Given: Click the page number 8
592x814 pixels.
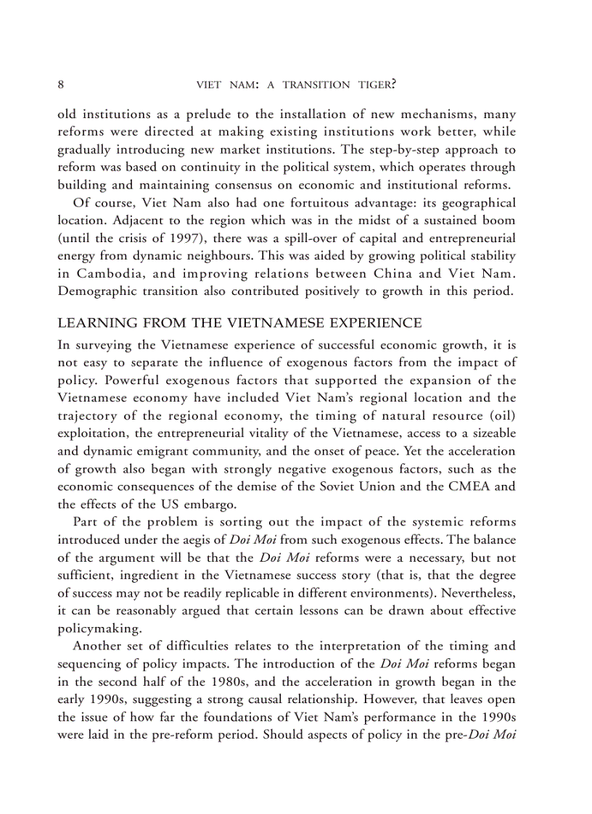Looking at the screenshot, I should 61,85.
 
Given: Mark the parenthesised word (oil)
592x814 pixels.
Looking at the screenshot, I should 501,415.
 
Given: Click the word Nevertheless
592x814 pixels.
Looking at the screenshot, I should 478,591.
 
